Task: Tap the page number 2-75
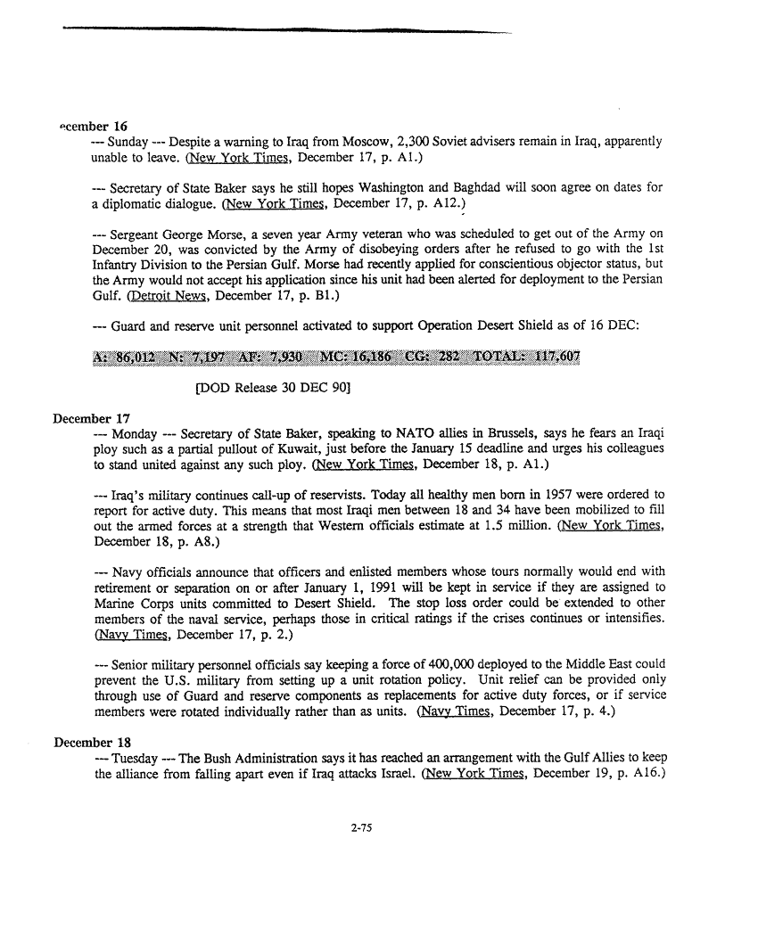point(360,826)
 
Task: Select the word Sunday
point(128,142)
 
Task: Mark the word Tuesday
point(136,759)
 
